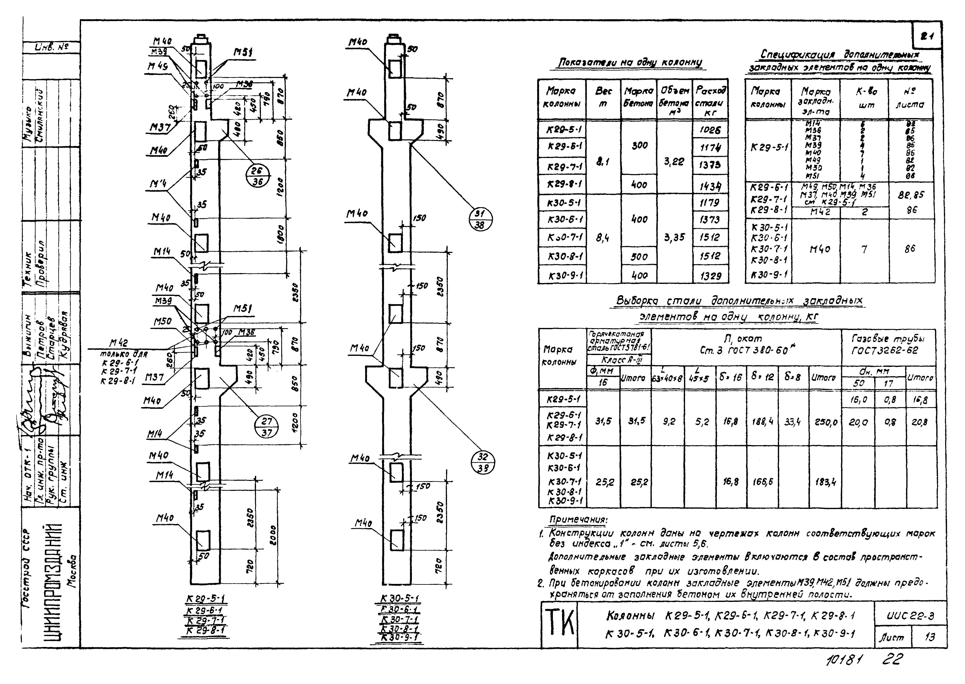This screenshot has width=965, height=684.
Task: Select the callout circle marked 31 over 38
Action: [480, 219]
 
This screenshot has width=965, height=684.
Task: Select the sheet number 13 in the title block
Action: [930, 637]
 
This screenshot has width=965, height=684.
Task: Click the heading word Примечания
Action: [578, 520]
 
